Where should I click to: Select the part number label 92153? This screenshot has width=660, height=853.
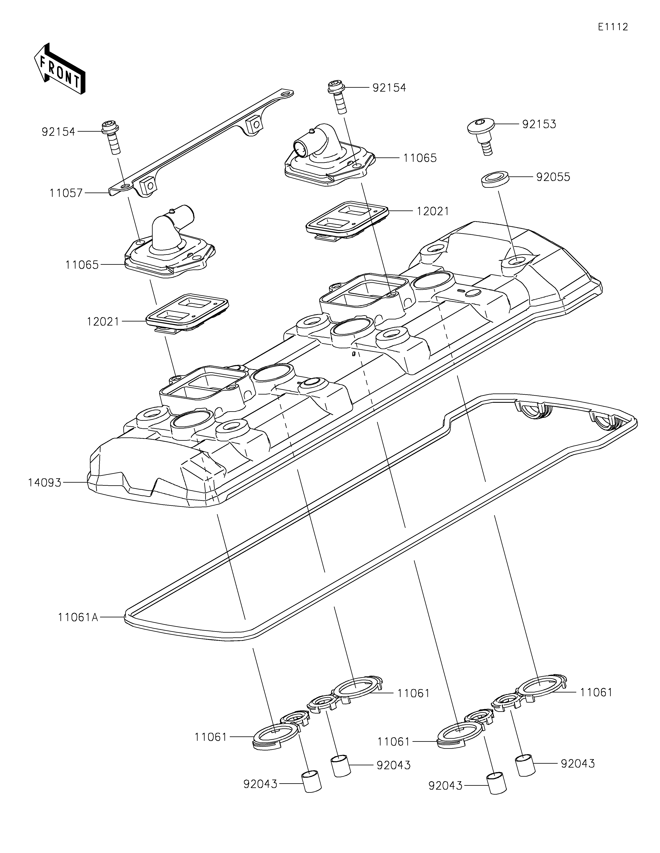click(539, 124)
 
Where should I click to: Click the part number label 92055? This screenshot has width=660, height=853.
click(553, 177)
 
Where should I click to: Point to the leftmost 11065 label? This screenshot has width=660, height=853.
click(82, 265)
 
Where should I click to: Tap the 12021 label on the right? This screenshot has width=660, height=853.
click(433, 211)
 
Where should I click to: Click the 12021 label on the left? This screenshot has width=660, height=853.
click(103, 322)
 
